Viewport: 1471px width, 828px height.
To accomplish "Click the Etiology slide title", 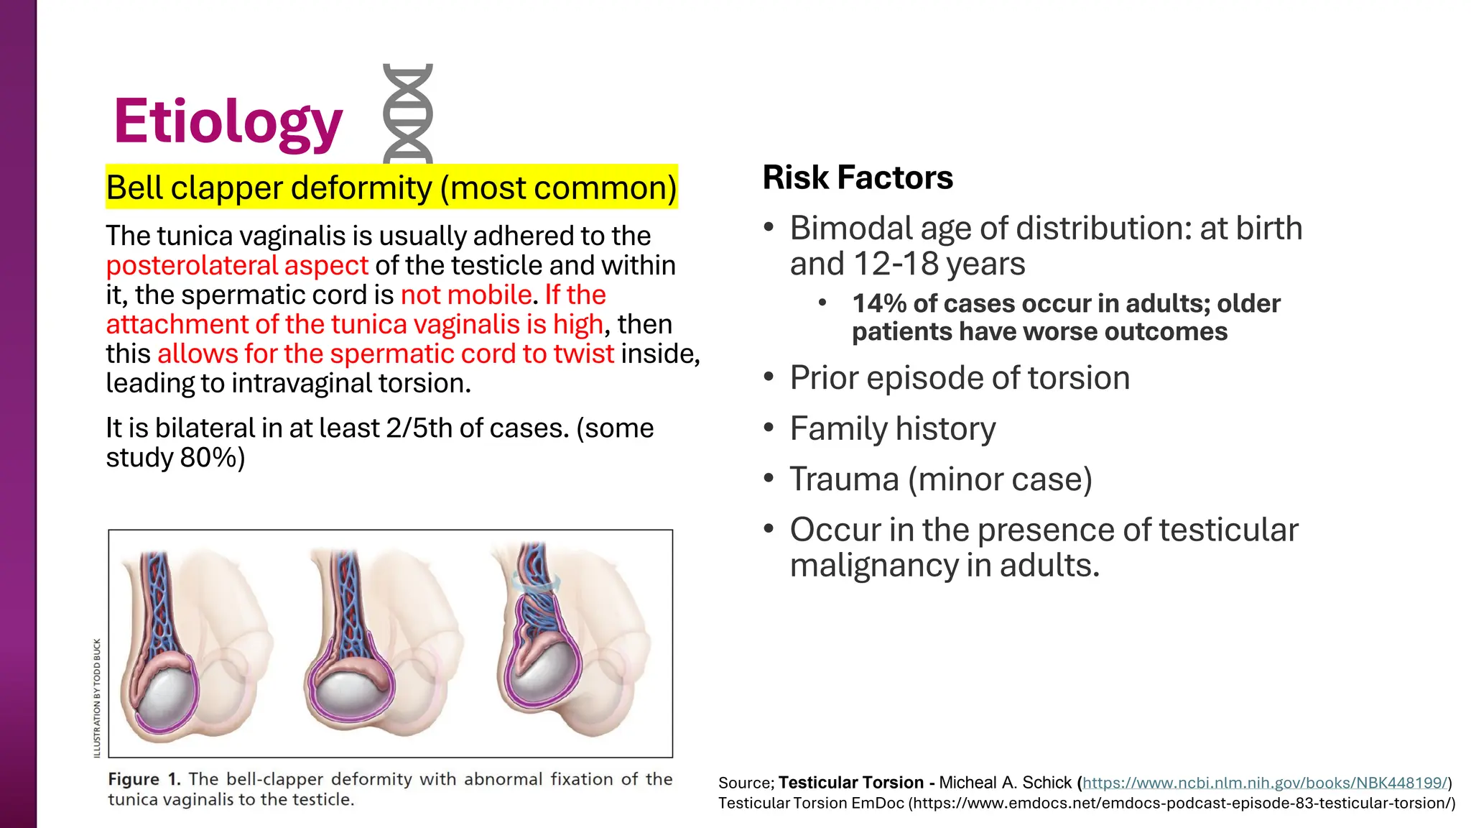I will pyautogui.click(x=228, y=121).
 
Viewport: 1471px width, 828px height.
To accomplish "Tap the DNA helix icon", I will pyautogui.click(x=407, y=114).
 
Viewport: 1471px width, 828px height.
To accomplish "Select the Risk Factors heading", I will pyautogui.click(x=858, y=178).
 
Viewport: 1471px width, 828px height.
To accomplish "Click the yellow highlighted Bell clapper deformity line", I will pyautogui.click(x=391, y=188).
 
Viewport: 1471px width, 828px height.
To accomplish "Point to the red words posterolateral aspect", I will pyautogui.click(x=237, y=265).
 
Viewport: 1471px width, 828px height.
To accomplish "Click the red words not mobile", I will pyautogui.click(x=466, y=295).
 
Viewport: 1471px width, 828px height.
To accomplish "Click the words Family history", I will pyautogui.click(x=893, y=428).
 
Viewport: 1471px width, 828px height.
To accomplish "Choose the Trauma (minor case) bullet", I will pyautogui.click(x=941, y=479).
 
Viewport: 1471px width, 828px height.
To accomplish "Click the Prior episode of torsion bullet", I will pyautogui.click(x=960, y=377).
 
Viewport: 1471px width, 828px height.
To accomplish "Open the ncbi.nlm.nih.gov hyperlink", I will pyautogui.click(x=1264, y=783).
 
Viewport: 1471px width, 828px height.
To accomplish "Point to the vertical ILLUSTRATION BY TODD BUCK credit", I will pyautogui.click(x=97, y=697).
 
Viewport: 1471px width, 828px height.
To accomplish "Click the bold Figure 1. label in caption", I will pyautogui.click(x=144, y=779).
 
